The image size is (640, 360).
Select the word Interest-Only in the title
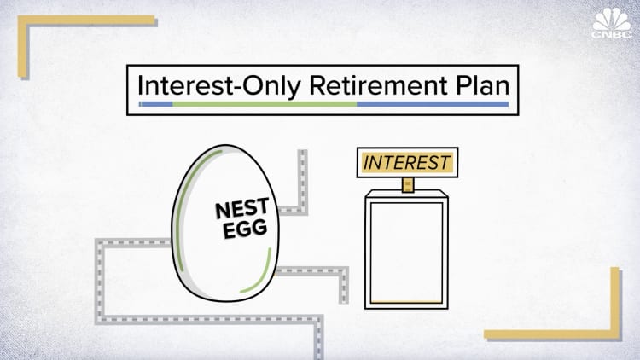pyautogui.click(x=195, y=86)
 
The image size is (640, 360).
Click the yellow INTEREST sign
pyautogui.click(x=406, y=162)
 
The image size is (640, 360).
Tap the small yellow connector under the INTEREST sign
pyautogui.click(x=407, y=185)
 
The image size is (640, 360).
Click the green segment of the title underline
pyautogui.click(x=265, y=104)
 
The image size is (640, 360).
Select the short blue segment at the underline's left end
pyautogui.click(x=156, y=104)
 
